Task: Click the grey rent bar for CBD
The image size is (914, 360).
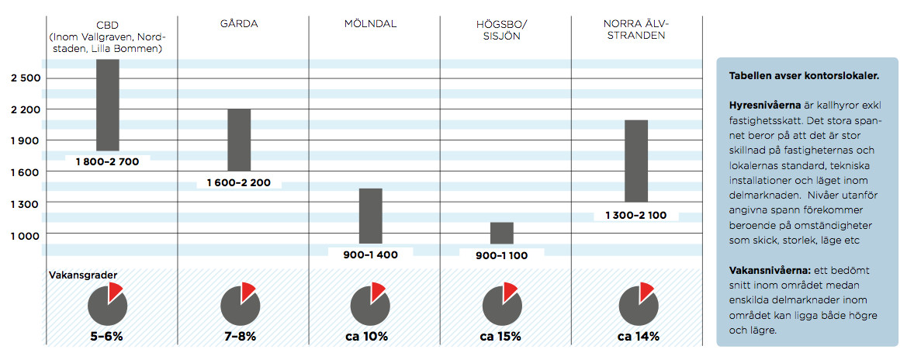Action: [x=107, y=105]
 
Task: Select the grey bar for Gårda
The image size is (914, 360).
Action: [x=239, y=140]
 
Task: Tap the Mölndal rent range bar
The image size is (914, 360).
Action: [x=371, y=216]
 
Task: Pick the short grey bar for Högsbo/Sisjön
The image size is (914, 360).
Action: [x=502, y=233]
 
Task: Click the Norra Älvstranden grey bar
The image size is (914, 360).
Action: [x=635, y=161]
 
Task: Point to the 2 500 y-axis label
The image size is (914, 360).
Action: [x=26, y=78]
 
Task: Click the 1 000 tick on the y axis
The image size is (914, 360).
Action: [x=26, y=234]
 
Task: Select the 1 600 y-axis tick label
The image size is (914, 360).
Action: [x=26, y=171]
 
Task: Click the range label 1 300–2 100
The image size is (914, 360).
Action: [x=635, y=215]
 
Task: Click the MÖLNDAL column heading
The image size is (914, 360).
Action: [x=370, y=24]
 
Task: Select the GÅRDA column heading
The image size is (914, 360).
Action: [x=239, y=24]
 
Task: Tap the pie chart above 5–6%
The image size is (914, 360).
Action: [x=108, y=303]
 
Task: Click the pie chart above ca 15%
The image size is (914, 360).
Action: [x=500, y=303]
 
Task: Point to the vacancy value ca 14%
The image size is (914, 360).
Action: [x=638, y=337]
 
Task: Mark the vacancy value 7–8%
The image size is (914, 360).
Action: [x=239, y=337]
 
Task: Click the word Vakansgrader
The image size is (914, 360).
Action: [x=77, y=275]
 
